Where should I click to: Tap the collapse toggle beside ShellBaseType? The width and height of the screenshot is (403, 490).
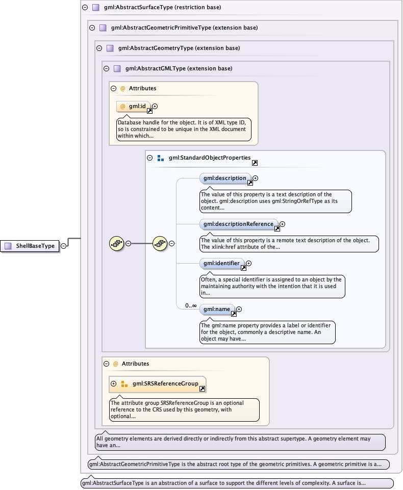click(63, 246)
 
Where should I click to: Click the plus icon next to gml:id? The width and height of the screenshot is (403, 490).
click(155, 106)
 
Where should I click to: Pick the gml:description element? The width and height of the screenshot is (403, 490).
click(225, 178)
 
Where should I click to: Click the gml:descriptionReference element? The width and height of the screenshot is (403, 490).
click(238, 224)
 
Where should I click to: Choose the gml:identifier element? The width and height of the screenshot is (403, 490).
click(221, 263)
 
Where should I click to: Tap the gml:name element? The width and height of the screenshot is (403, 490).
click(217, 309)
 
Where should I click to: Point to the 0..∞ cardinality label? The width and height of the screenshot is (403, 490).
click(191, 305)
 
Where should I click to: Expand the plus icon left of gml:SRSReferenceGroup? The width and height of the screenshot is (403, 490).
click(113, 383)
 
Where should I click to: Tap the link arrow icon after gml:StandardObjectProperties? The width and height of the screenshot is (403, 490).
click(255, 163)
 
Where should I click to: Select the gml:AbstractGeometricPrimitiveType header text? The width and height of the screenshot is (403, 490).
click(184, 28)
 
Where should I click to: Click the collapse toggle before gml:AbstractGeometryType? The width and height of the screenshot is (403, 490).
click(99, 48)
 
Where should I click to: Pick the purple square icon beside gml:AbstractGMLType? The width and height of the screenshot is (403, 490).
click(117, 68)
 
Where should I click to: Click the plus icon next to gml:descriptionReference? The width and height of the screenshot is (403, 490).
click(282, 224)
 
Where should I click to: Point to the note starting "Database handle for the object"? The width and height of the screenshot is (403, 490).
click(183, 130)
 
